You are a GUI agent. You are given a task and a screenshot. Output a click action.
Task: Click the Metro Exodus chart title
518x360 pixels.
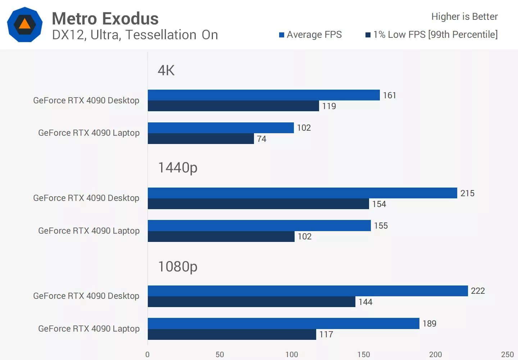pyautogui.click(x=105, y=19)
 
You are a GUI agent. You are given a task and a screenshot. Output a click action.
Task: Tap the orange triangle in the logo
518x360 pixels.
pyautogui.click(x=24, y=24)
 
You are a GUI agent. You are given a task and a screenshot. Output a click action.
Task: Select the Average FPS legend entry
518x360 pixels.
pyautogui.click(x=310, y=35)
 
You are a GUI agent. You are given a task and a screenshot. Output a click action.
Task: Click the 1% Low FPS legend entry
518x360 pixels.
pyautogui.click(x=432, y=35)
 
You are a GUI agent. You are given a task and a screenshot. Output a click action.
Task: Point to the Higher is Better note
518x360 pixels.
pyautogui.click(x=464, y=17)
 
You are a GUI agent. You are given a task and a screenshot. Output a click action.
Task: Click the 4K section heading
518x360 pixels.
pyautogui.click(x=166, y=70)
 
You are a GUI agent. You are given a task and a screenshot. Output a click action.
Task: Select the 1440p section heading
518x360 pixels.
pyautogui.click(x=178, y=167)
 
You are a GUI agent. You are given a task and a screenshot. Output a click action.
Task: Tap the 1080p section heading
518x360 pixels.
pyautogui.click(x=178, y=266)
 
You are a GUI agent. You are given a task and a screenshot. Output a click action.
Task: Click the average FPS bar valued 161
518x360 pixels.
pyautogui.click(x=263, y=95)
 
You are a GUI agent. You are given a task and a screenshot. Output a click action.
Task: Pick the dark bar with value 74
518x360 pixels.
pyautogui.click(x=201, y=139)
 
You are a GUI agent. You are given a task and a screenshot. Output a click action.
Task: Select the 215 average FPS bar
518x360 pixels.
pyautogui.click(x=302, y=193)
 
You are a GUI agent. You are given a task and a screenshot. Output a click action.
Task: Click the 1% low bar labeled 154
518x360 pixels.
pyautogui.click(x=258, y=204)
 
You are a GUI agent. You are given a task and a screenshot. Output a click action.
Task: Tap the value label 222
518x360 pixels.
pyautogui.click(x=478, y=291)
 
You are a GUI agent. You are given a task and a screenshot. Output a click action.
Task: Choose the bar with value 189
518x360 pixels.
pyautogui.click(x=283, y=323)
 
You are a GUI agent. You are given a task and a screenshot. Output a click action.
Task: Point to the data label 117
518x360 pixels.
pyautogui.click(x=326, y=334)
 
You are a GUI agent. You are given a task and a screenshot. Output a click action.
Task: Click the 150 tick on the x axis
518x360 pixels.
pyautogui.click(x=364, y=355)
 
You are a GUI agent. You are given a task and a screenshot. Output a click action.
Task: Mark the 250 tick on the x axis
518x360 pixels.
pyautogui.click(x=507, y=355)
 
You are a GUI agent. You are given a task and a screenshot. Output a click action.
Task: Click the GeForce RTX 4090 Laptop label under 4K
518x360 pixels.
pyautogui.click(x=89, y=133)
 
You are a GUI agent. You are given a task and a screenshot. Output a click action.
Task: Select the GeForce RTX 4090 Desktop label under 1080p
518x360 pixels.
pyautogui.click(x=86, y=296)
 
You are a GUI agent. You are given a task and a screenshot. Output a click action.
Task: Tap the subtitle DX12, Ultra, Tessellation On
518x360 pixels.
pyautogui.click(x=135, y=35)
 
